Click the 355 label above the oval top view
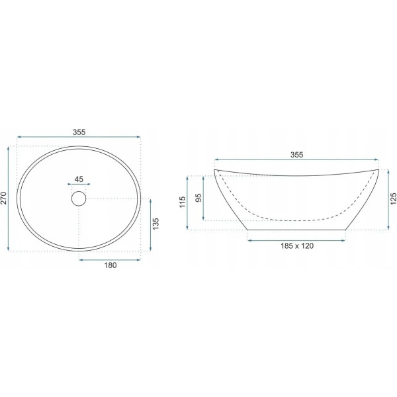click(79, 132)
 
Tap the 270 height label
click(3, 198)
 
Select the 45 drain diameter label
click(79, 179)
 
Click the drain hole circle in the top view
click(79, 198)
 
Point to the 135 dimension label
click(155, 224)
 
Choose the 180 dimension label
click(110, 265)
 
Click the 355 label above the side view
click(296, 155)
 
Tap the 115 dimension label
click(183, 202)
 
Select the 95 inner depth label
click(199, 197)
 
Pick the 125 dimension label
click(393, 199)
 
